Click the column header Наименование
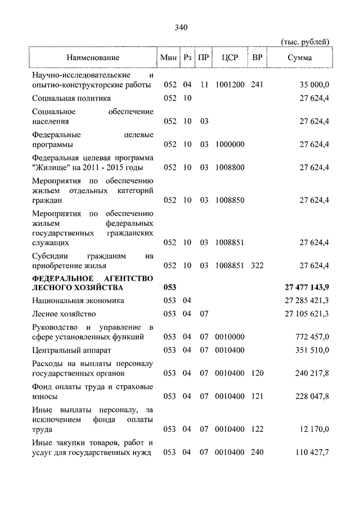point(93,58)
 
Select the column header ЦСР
point(229,58)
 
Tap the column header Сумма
point(300,58)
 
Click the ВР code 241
point(258,85)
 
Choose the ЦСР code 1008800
point(229,168)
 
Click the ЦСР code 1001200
point(229,85)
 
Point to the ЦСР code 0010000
point(229,336)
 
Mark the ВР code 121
point(258,396)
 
